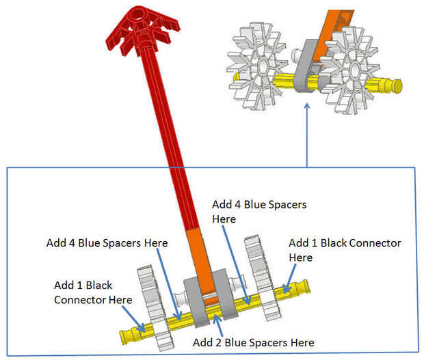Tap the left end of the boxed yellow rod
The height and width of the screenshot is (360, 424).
[127, 335]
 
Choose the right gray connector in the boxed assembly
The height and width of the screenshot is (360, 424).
[225, 294]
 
